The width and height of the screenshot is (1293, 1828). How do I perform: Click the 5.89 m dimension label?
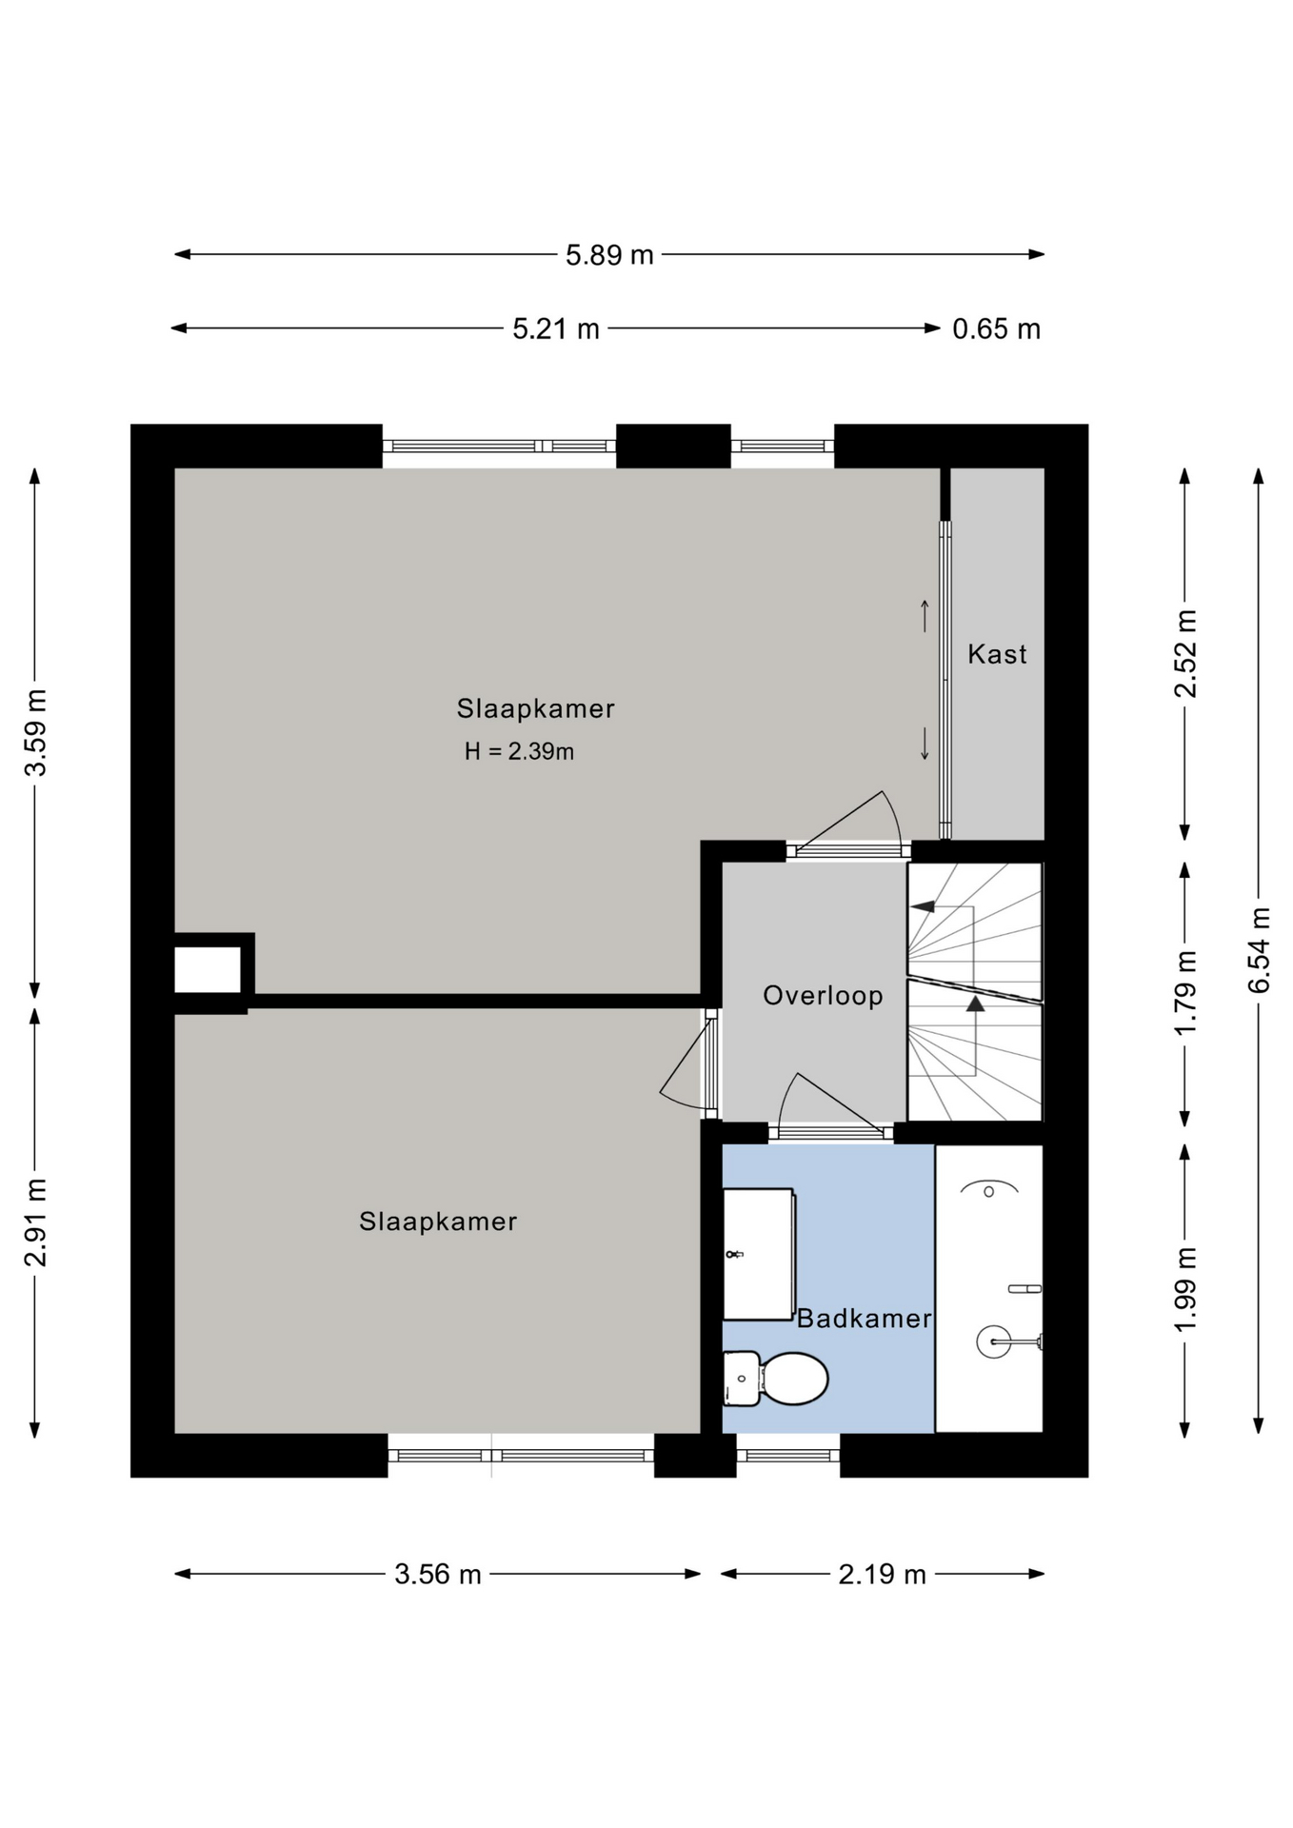(609, 255)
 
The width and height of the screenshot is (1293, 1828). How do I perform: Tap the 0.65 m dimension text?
(996, 329)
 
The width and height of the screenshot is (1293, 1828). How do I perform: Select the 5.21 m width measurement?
(556, 329)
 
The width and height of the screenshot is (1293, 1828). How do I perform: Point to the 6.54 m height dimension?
(1259, 950)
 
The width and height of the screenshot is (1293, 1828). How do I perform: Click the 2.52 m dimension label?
(1185, 653)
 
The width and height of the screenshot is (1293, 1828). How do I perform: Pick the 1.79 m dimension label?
(1185, 993)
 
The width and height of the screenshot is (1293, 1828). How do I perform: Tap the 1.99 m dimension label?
(1185, 1290)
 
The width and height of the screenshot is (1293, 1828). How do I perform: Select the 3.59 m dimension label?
(35, 733)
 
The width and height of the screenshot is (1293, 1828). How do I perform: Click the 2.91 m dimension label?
(35, 1222)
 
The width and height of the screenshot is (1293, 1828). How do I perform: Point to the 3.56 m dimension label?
(438, 1575)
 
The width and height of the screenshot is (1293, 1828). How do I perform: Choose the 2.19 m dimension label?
(882, 1575)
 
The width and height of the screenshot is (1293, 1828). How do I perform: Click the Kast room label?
(997, 654)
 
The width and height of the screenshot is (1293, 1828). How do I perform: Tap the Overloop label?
(823, 996)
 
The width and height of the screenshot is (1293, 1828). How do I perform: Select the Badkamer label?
(864, 1319)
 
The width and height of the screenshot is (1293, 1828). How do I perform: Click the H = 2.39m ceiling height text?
(519, 752)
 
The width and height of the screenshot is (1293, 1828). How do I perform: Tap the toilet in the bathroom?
(776, 1379)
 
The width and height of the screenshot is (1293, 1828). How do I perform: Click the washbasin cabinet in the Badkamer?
(759, 1254)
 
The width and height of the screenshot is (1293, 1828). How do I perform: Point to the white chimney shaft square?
(208, 969)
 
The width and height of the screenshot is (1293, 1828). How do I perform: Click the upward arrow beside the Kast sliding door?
(924, 615)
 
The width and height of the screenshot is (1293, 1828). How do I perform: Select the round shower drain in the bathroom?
(993, 1342)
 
